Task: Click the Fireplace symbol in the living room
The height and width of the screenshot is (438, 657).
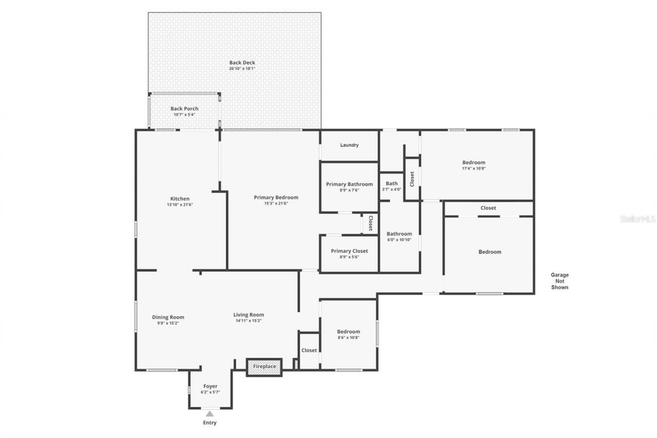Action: point(264,367)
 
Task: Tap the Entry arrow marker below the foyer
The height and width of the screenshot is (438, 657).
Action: point(209,413)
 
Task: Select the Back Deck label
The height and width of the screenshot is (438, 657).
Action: point(242,63)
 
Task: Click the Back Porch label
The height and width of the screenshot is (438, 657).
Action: point(184,109)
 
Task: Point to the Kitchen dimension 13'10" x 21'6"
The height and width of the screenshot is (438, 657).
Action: point(180,204)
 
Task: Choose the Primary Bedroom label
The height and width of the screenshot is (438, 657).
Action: point(276,197)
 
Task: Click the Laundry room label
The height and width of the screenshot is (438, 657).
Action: point(349,145)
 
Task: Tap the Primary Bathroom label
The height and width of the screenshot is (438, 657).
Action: point(349,184)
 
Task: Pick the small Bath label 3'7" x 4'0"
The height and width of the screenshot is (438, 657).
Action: point(392,183)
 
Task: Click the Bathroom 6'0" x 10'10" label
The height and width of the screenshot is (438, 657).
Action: point(399,234)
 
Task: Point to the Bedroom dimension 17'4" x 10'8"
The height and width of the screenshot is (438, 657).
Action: point(473,168)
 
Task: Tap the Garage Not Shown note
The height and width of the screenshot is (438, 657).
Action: point(559,281)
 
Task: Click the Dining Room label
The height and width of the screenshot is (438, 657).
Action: point(168,317)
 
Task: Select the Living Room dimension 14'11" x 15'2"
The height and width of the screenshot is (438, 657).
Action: point(248,321)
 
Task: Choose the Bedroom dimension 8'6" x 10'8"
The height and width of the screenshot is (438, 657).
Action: point(349,337)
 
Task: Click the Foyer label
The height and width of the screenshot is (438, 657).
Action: point(210,386)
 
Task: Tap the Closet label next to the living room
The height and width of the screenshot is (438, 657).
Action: point(309,350)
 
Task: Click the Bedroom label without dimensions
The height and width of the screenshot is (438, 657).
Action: point(490,252)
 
